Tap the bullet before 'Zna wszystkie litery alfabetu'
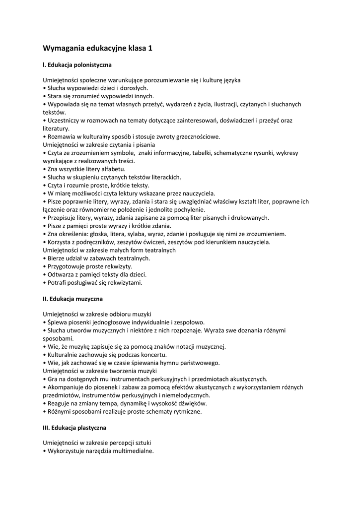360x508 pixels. pos(45,169)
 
